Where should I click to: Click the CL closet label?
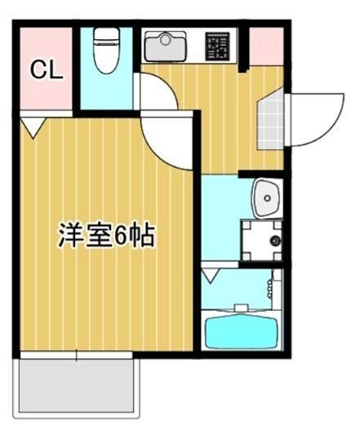pos(47,70)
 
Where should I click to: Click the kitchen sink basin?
pos(165,46)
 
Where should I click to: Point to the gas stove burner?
pos(218,47)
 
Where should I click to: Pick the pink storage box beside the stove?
pos(265,45)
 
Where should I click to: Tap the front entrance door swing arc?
pos(314,118)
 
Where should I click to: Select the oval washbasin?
pos(267,197)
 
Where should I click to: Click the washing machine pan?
pos(262,241)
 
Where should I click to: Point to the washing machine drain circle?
pos(274,241)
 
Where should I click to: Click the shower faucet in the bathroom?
pos(270,286)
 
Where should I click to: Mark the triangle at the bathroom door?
pos(211,275)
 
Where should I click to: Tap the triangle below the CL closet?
pos(32,127)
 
